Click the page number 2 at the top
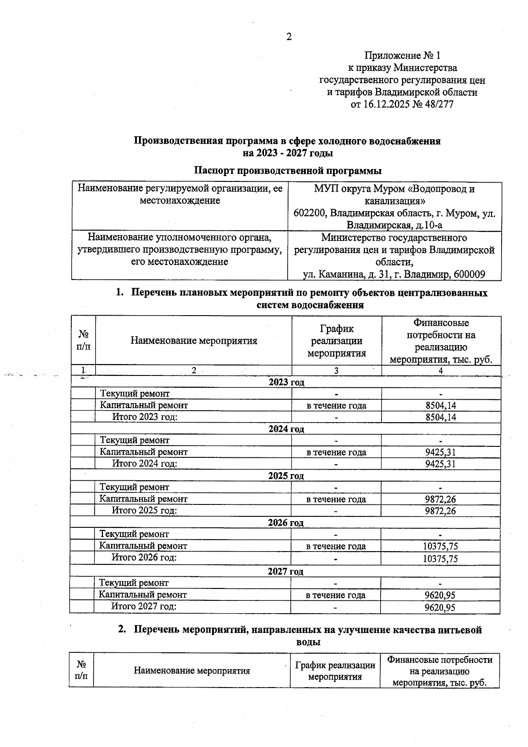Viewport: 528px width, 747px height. point(289,37)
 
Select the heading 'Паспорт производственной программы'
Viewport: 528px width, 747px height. point(288,170)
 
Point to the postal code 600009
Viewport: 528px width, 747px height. point(469,275)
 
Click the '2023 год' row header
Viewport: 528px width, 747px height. point(286,382)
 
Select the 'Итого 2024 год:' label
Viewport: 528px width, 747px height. point(145,464)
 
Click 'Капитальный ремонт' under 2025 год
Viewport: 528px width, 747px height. point(143,499)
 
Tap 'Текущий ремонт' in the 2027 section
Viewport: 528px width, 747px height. point(134,583)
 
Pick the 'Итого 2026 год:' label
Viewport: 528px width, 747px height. point(144,557)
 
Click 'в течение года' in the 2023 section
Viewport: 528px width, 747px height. point(337,405)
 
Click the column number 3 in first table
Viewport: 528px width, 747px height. point(337,371)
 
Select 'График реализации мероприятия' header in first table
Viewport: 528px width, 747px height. point(337,341)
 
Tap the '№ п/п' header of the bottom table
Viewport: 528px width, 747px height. point(81,670)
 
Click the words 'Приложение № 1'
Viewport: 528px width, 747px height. point(402,55)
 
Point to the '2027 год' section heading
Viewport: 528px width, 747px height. point(286,571)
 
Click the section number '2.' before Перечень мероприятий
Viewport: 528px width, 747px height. point(122,630)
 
